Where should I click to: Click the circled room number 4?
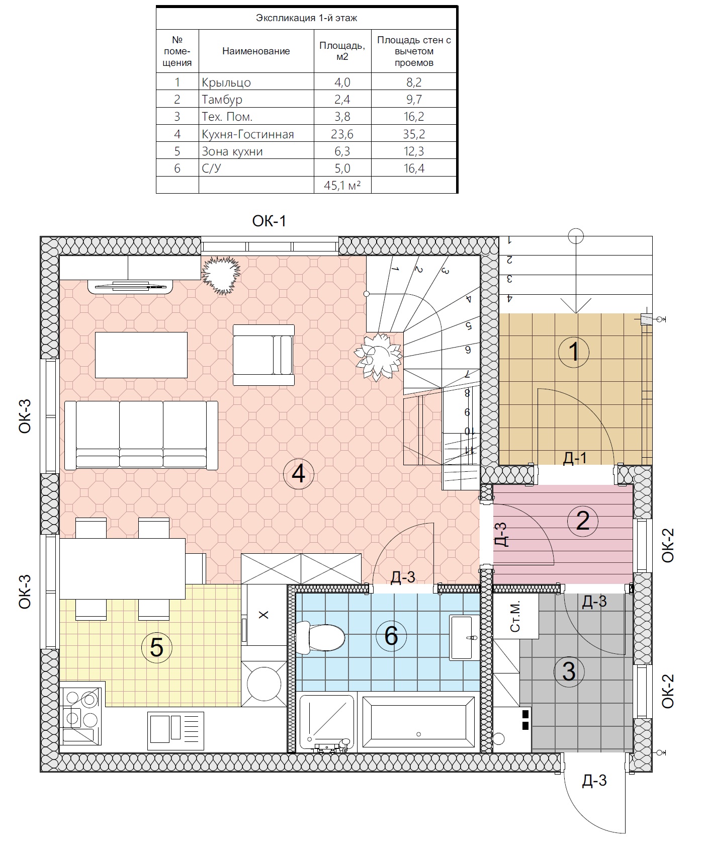tap(298, 473)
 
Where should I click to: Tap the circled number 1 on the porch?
tap(574, 352)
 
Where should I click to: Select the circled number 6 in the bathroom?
tap(391, 635)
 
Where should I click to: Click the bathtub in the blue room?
tap(418, 721)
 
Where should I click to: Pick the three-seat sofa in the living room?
tap(141, 435)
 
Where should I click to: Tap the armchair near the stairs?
tap(263, 355)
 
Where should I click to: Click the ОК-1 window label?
tap(269, 221)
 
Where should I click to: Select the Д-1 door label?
tap(575, 457)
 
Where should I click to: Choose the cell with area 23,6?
tap(342, 134)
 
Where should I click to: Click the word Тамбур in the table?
tap(222, 100)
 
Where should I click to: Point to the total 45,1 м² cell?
tap(342, 185)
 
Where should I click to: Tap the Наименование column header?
tap(256, 51)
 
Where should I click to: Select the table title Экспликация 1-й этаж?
tap(306, 18)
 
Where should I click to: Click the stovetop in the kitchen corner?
tap(80, 713)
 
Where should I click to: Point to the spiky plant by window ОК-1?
tap(220, 275)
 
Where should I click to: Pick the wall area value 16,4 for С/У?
tap(414, 168)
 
